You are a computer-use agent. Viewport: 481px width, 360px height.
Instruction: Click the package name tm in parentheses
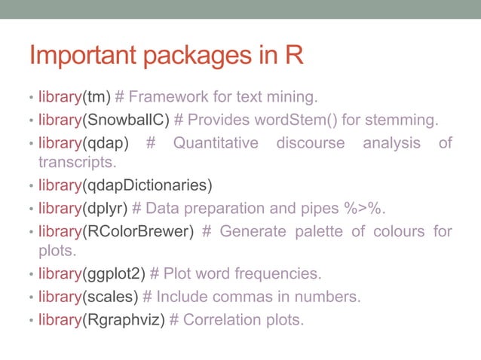tap(97, 96)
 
